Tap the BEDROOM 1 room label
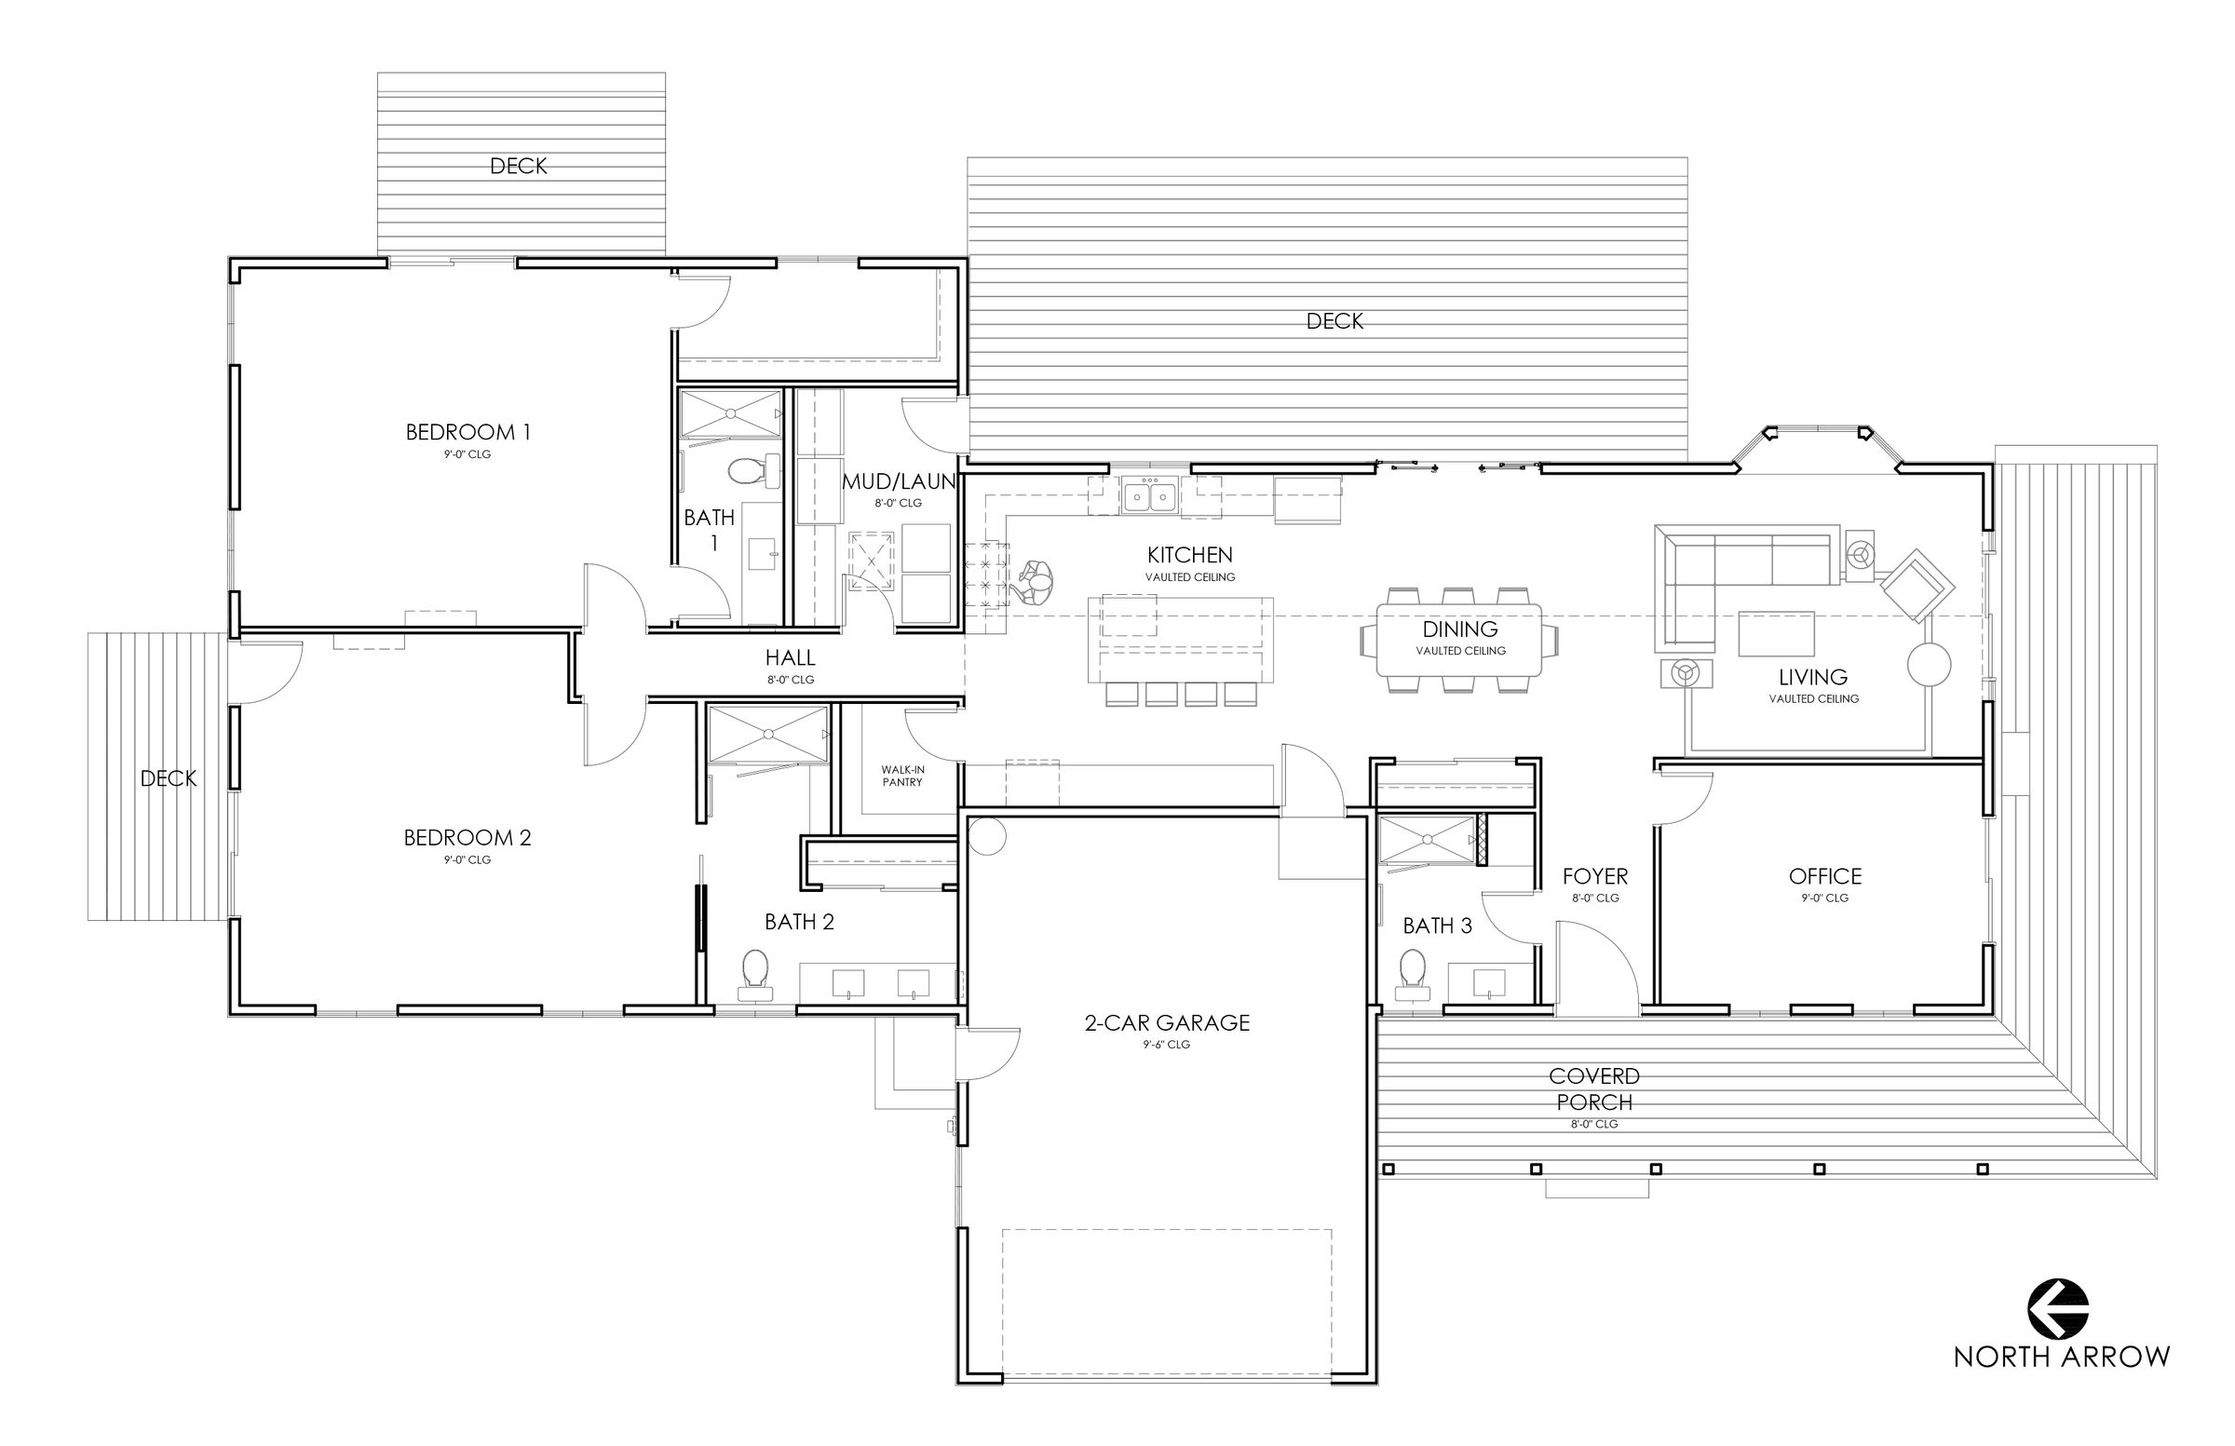coord(467,432)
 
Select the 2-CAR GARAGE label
coord(1166,1022)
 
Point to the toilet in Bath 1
coord(750,471)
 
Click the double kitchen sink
coord(1150,494)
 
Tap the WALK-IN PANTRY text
coord(901,776)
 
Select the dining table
coord(1459,640)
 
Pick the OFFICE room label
coord(1824,876)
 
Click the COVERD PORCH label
coord(1593,1088)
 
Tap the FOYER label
coord(1594,876)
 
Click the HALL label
coord(790,657)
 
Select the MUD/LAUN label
coord(899,481)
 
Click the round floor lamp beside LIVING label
coord(1929,666)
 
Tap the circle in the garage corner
coord(987,836)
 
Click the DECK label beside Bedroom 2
coord(169,778)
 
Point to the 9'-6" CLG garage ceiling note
coord(1166,1044)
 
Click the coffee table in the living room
coord(1776,633)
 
